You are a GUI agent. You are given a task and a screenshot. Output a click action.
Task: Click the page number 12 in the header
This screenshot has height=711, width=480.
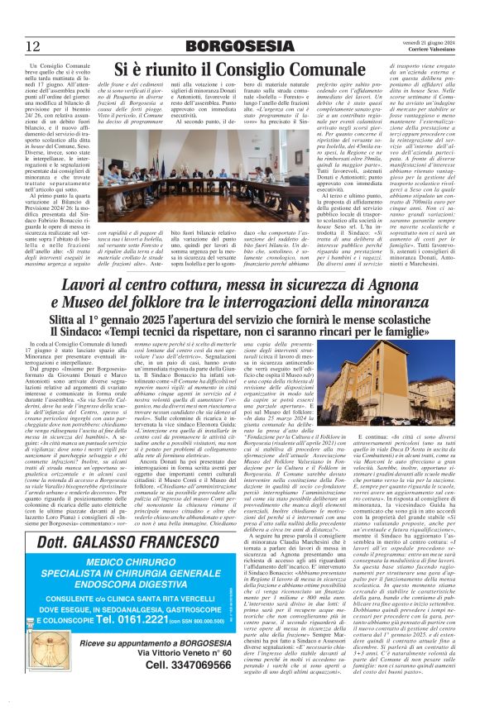34,45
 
